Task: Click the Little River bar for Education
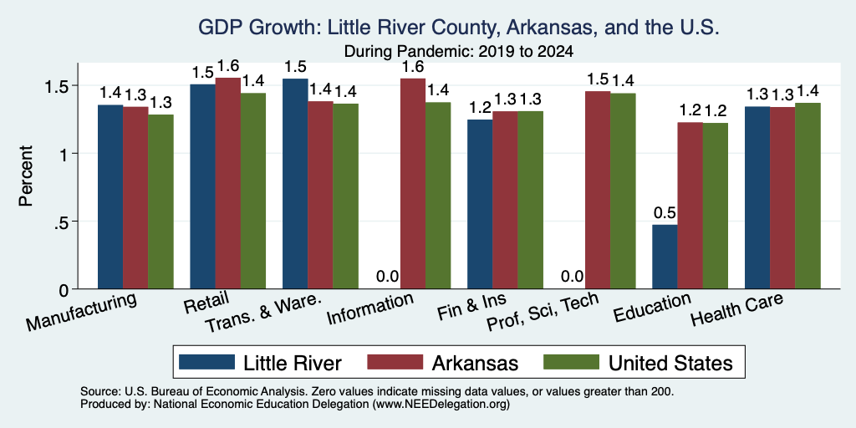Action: click(x=665, y=257)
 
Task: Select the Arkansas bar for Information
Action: click(x=413, y=183)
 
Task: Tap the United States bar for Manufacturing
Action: click(x=160, y=201)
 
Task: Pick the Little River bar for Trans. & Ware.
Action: click(x=295, y=183)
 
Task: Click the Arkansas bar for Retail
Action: click(x=227, y=183)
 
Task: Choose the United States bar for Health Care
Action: click(x=808, y=196)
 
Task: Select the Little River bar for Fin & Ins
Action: click(x=480, y=204)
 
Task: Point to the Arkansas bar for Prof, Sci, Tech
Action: click(x=598, y=190)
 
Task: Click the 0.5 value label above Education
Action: click(x=665, y=213)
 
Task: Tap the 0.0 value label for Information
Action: click(x=388, y=277)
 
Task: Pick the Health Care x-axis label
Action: click(x=736, y=309)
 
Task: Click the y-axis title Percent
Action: click(x=26, y=176)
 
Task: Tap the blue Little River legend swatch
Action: click(x=207, y=361)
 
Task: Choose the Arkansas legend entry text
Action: click(x=475, y=363)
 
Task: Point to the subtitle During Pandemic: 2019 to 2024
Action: click(x=459, y=52)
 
